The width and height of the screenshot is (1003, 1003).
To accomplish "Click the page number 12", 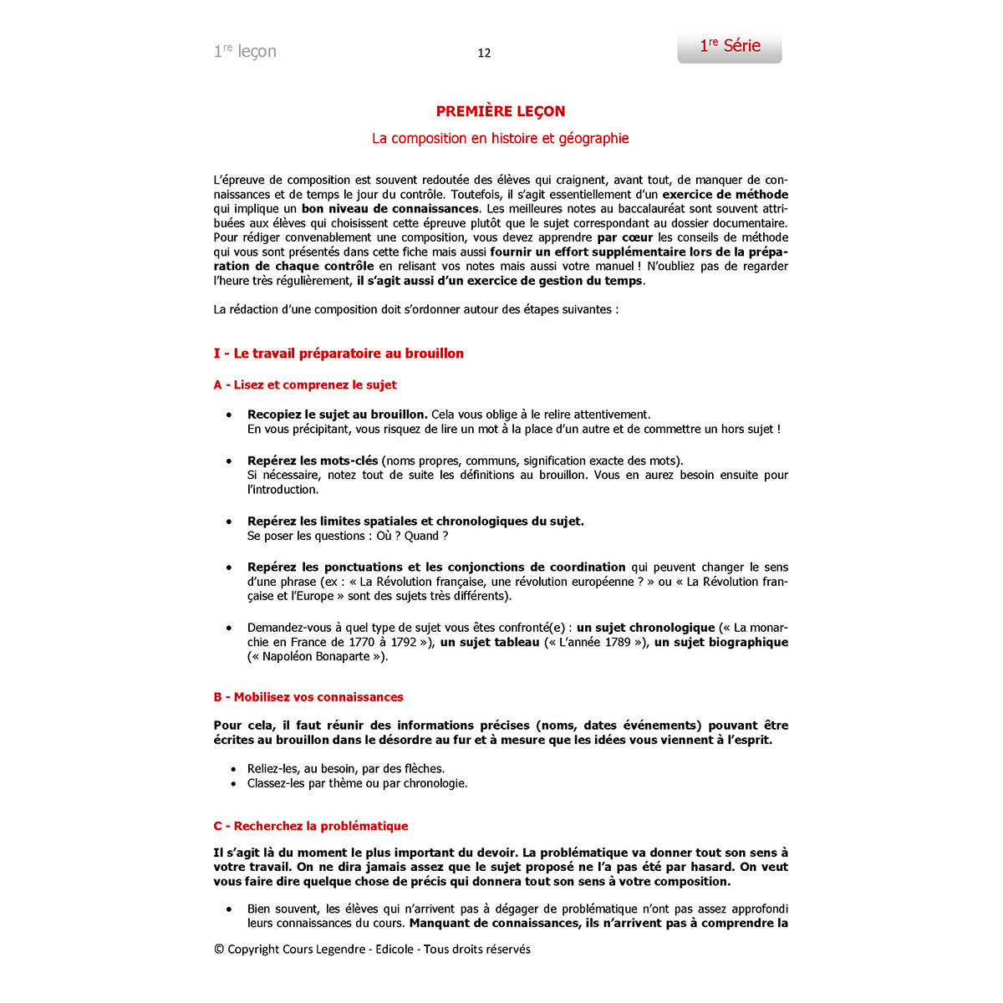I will coord(484,53).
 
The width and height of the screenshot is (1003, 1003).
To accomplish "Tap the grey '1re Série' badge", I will coord(730,46).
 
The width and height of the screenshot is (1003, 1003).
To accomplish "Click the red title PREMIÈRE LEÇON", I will coord(501,111).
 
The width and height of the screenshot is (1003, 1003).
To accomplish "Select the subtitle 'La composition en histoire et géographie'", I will coord(500,139).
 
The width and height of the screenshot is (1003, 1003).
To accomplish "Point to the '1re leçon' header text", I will coord(245,51).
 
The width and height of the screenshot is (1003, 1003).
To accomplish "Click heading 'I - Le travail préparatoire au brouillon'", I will coord(339,354).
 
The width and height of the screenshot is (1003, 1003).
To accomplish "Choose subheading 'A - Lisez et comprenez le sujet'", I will coord(305,385).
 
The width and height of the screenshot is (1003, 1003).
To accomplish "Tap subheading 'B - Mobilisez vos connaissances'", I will coord(308,697).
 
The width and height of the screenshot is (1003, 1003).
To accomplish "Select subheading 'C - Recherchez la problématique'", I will coord(311,826).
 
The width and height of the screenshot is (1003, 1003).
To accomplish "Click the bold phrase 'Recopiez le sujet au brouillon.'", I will coord(337,415).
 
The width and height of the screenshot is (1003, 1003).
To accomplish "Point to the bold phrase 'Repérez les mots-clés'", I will coord(313,461).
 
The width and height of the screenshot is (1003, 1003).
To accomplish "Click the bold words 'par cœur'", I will coord(624,237).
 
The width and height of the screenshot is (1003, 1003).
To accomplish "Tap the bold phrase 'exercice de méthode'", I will coord(725,195).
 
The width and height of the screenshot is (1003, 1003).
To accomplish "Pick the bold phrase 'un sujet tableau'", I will coord(490,642).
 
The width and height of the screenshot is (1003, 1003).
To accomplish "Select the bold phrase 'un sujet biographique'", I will coord(720,642).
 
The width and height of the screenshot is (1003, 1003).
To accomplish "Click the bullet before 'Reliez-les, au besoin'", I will coord(233,769).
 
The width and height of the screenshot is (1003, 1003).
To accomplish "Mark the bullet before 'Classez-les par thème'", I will coord(233,784).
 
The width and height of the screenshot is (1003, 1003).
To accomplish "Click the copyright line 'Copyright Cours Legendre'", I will coord(372,949).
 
